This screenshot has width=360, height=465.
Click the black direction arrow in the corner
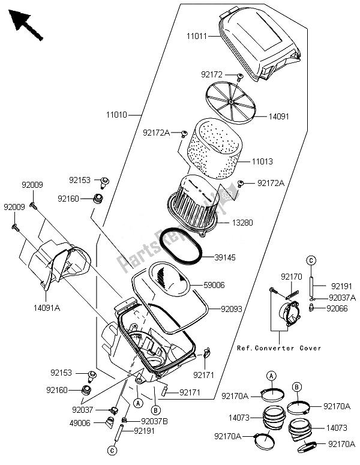(25, 25)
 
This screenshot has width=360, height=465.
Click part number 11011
(197, 37)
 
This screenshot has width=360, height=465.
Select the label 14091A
(47, 308)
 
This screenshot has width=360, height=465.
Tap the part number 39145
(225, 257)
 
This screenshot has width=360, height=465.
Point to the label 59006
(214, 285)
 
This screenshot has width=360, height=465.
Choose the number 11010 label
(116, 115)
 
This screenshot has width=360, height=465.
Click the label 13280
(242, 223)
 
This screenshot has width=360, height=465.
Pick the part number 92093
(232, 310)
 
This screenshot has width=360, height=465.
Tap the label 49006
(80, 423)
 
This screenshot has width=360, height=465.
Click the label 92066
(337, 309)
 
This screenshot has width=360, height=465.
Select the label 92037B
(154, 421)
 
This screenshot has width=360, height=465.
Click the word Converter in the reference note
(275, 348)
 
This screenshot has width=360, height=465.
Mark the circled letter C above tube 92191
(311, 260)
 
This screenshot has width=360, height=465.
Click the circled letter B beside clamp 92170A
(297, 387)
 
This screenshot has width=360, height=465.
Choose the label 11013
(262, 162)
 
